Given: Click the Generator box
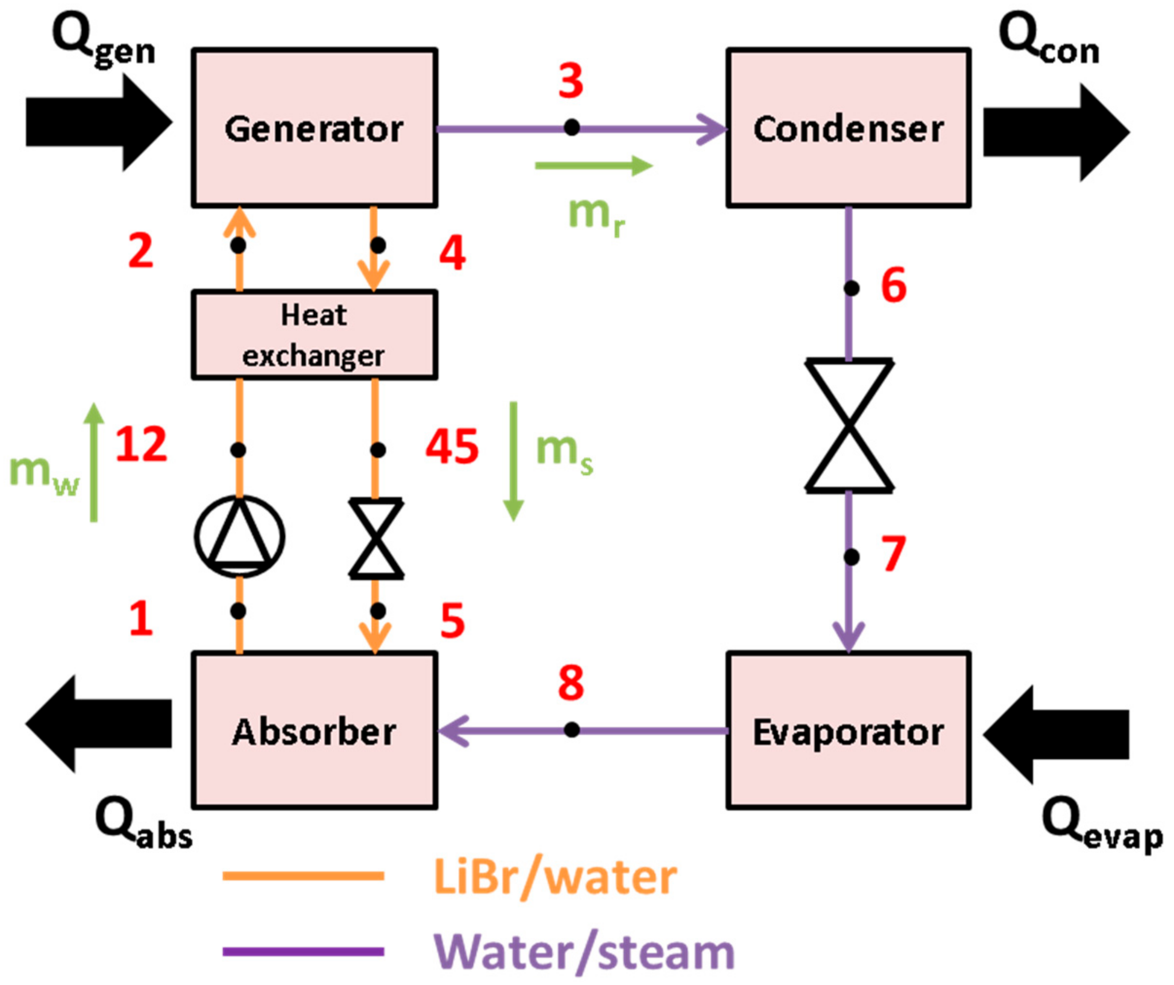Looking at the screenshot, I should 314,128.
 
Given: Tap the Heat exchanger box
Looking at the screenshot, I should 314,335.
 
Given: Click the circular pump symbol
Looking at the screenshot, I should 239,536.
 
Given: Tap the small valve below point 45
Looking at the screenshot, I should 376,538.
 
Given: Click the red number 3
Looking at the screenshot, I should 571,81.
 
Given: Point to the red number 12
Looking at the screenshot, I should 141,444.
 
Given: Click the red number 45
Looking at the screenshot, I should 452,447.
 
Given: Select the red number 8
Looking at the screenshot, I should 571,683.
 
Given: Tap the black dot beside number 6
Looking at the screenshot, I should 851,289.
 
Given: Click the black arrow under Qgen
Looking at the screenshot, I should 98,123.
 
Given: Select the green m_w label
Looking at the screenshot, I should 44,473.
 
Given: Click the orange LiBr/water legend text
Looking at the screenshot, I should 555,877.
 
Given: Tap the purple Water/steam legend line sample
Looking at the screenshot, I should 303,951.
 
